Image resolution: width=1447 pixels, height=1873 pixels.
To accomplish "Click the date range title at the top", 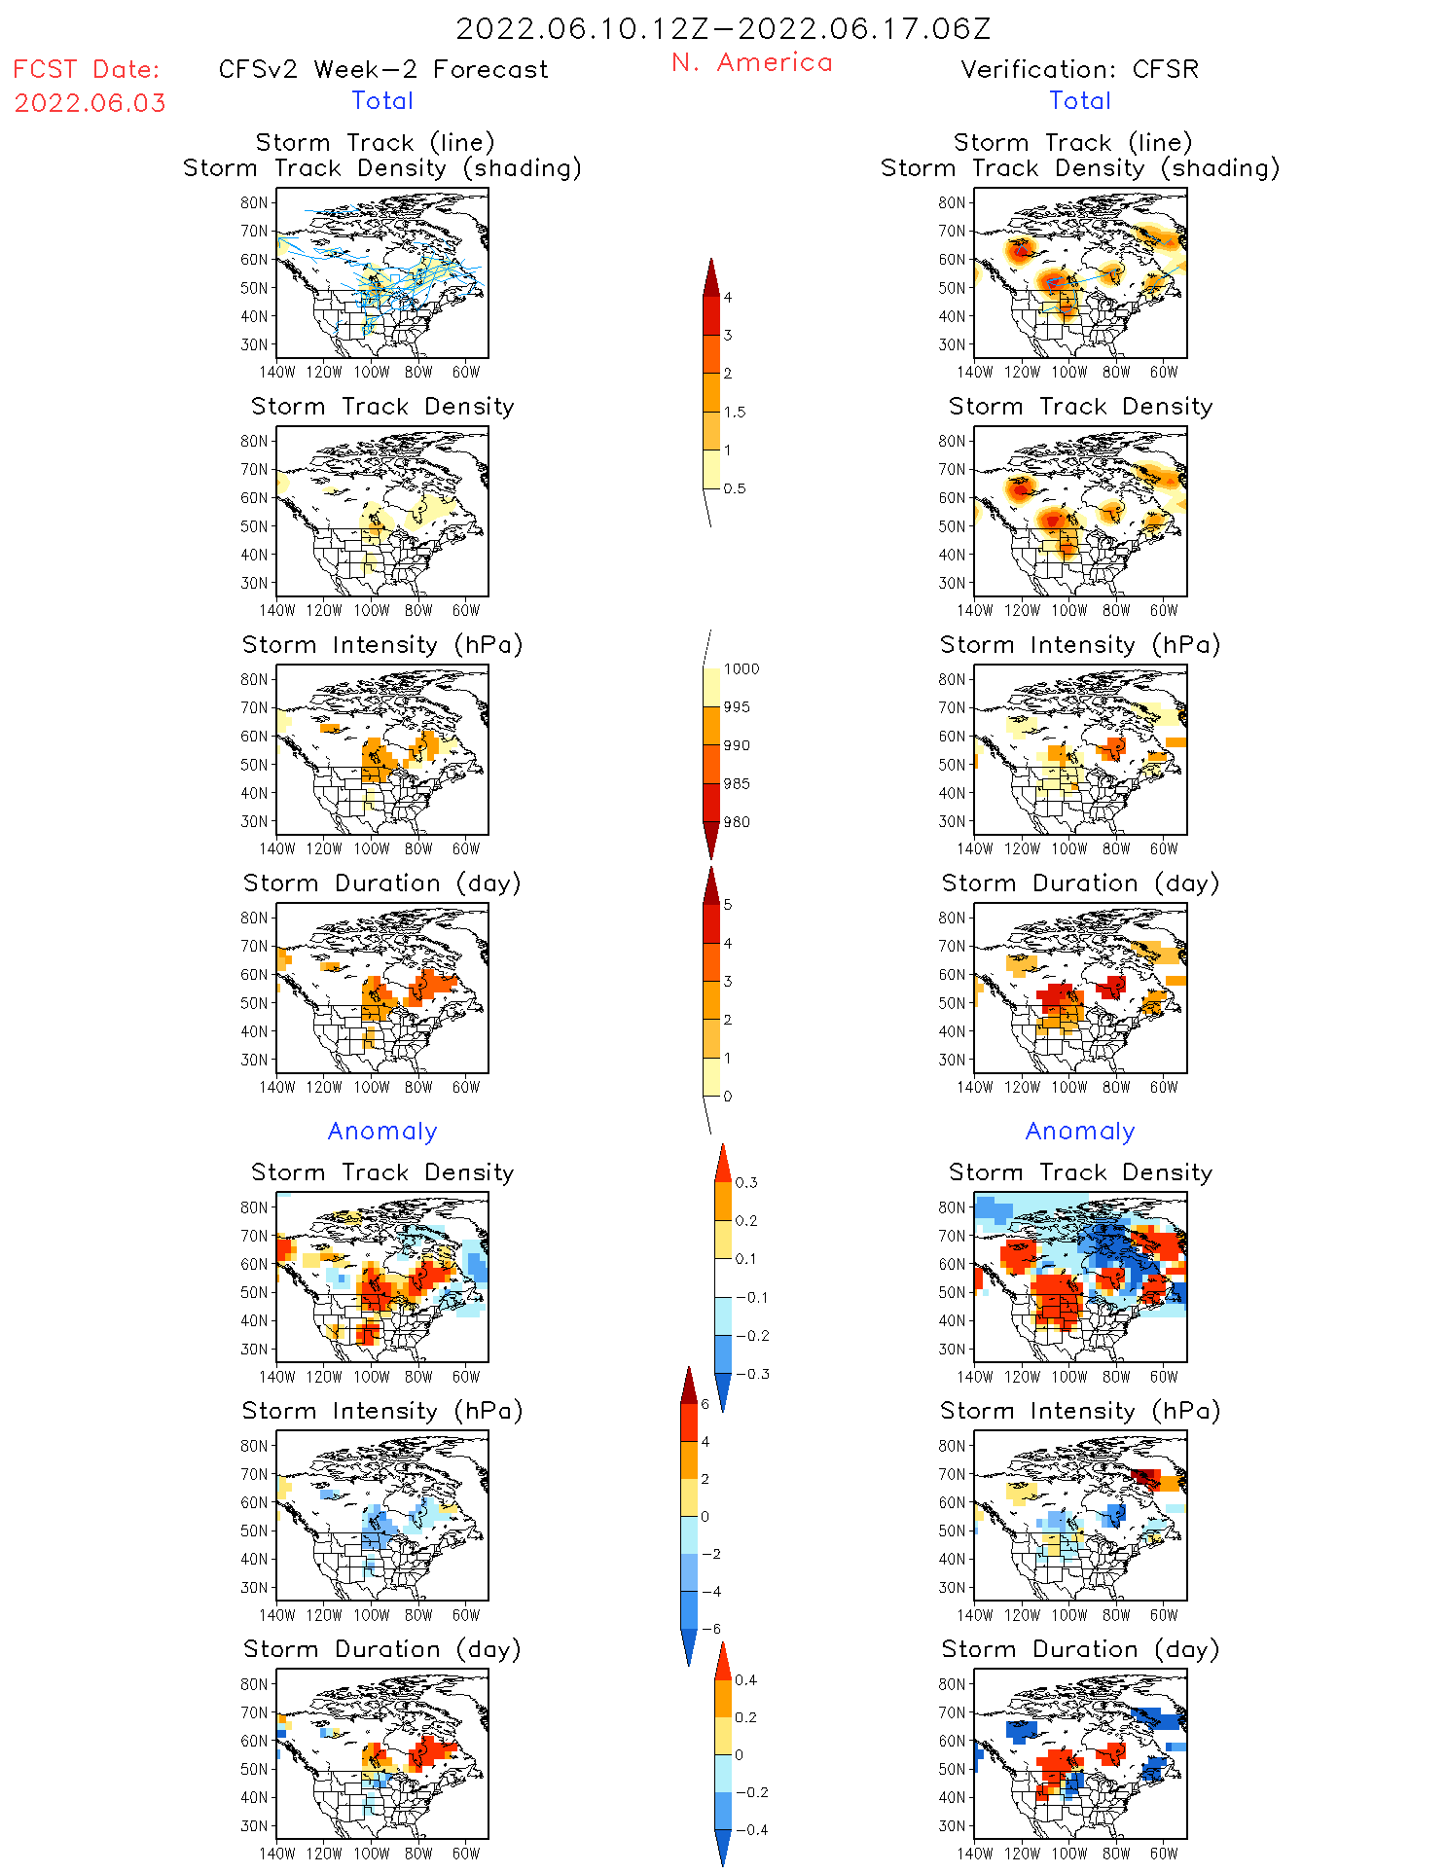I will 723,28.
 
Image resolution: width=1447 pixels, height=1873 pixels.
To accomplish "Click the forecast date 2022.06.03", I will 90,103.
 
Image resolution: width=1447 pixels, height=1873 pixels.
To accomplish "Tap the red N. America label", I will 751,62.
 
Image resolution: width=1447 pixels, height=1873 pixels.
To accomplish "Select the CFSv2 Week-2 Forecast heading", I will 383,69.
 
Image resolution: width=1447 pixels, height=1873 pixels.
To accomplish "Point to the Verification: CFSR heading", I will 1079,69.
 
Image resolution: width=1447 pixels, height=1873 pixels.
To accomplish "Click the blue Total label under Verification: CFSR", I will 1079,100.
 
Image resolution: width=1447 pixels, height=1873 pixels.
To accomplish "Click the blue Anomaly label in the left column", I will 382,1131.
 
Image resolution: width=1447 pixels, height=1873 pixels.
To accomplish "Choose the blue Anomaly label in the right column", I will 1080,1131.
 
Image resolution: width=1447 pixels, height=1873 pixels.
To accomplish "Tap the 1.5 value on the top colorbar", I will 735,412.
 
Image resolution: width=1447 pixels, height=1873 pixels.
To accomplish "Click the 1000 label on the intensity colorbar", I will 742,668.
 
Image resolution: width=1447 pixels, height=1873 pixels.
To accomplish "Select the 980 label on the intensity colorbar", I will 737,822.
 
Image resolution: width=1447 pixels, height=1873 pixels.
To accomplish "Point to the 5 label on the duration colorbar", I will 728,905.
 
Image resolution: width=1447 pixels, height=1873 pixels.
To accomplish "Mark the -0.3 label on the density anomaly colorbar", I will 751,1374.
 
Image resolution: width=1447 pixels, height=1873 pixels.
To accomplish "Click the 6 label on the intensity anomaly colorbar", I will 705,1404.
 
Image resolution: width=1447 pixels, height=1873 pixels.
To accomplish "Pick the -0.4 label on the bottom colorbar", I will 750,1829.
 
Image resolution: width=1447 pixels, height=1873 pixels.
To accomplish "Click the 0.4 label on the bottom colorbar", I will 745,1679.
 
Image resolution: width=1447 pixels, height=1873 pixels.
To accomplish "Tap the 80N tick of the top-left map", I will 254,202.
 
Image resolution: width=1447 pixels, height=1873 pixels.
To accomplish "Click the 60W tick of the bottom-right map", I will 1164,1853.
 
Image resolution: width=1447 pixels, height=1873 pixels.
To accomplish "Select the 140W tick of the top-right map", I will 975,372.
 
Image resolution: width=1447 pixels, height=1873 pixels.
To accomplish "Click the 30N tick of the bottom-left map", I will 254,1825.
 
